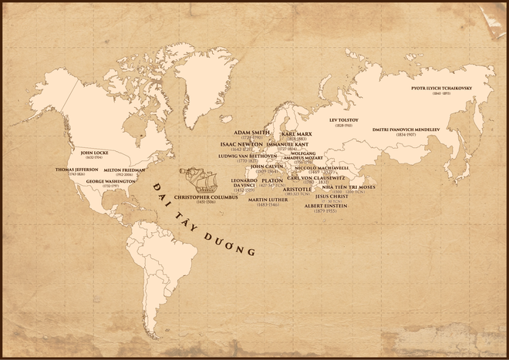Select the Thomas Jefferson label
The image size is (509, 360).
(76, 170)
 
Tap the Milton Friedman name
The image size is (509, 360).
(123, 170)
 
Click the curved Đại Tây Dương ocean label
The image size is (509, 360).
(204, 220)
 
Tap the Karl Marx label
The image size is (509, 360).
(297, 133)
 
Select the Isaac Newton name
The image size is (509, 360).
(241, 144)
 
